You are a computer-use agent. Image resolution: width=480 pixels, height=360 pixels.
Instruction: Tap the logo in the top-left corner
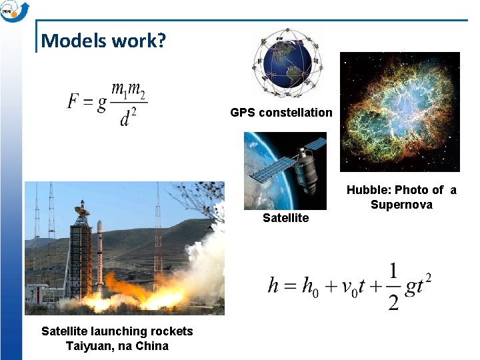tap(15, 11)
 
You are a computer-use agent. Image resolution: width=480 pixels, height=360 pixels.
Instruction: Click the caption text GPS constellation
tap(281, 113)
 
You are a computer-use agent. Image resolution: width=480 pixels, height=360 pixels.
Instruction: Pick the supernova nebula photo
tap(399, 111)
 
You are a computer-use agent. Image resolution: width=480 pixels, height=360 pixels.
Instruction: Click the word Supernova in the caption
tap(401, 205)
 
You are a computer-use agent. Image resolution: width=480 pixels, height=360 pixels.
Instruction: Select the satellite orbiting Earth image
tap(285, 171)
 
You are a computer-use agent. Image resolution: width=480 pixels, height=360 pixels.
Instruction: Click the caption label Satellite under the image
tap(285, 218)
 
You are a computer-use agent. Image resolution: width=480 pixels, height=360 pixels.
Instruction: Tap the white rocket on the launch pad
tap(100, 257)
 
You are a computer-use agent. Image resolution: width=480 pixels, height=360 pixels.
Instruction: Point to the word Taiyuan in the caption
tap(85, 346)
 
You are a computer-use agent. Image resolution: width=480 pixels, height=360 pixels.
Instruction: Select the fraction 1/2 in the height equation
tap(393, 287)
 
